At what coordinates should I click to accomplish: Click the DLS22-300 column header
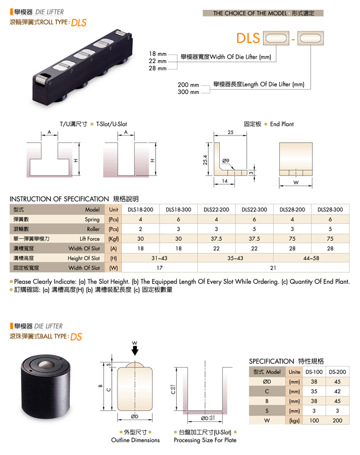pos(254,209)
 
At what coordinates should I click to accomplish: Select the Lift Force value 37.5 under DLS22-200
pos(217,239)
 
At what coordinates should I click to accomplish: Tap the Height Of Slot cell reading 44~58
pos(311,258)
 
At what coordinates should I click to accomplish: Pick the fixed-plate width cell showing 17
pos(160,268)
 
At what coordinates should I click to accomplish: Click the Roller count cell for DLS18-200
pos(141,229)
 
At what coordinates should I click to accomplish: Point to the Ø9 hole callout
pos(226,161)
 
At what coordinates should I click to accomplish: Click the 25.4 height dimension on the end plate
pos(205,160)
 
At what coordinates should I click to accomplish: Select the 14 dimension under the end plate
pos(225,181)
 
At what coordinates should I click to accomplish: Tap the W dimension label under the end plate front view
pos(296,183)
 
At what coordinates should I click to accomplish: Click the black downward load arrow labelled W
pos(135,351)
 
